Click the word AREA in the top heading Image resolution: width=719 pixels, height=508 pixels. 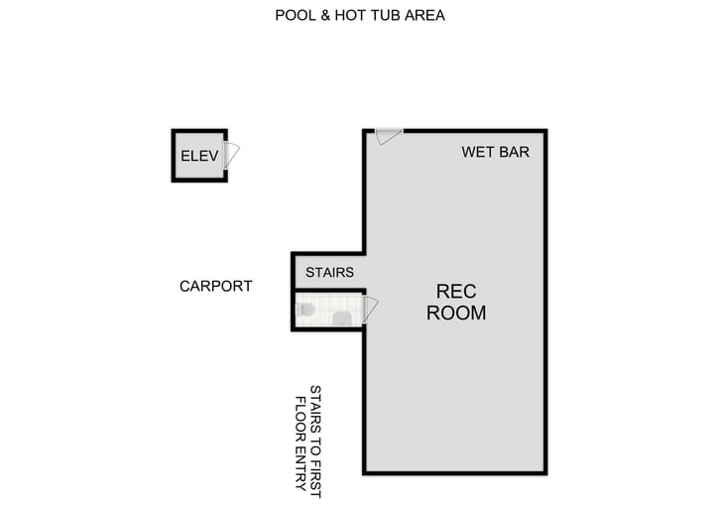(x=423, y=16)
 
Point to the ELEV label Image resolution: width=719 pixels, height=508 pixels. (x=198, y=156)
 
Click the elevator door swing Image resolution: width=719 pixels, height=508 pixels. (x=232, y=155)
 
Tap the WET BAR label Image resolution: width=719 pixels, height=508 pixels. (x=496, y=153)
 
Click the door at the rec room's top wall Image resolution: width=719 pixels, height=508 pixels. (x=388, y=136)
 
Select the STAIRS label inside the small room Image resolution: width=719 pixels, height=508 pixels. (x=329, y=272)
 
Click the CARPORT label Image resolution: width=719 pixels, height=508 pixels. (x=215, y=286)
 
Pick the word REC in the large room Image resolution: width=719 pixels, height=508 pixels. (x=456, y=292)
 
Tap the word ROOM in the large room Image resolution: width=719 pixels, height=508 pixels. (x=456, y=313)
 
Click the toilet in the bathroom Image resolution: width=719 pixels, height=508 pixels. (x=304, y=311)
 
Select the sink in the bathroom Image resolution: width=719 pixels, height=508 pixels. (x=342, y=317)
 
